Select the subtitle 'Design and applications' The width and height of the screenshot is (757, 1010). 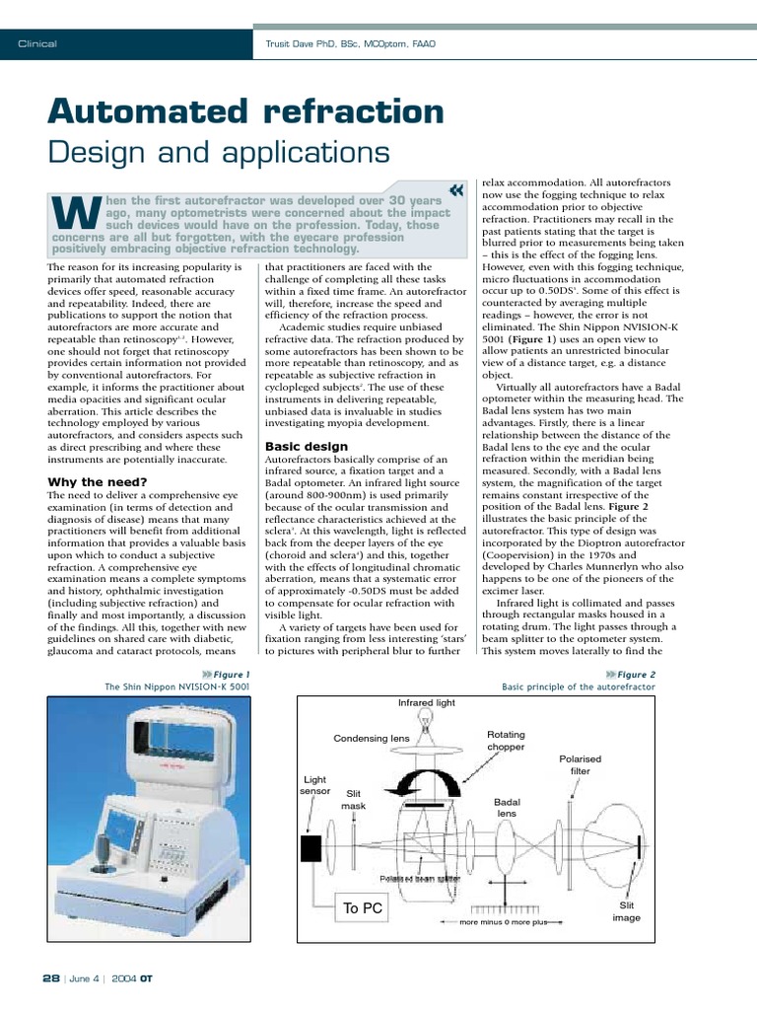(x=219, y=153)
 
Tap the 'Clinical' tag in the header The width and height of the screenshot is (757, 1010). (x=38, y=43)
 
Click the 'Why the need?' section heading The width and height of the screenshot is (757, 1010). (x=98, y=481)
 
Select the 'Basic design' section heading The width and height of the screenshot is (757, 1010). (x=306, y=446)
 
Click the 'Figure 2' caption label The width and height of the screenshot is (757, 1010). (x=635, y=675)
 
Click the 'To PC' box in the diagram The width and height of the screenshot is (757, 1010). (x=363, y=908)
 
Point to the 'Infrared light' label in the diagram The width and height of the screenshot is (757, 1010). (x=428, y=703)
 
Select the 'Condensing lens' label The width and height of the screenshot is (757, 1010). (x=371, y=738)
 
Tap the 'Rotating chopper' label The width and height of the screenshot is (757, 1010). (x=507, y=741)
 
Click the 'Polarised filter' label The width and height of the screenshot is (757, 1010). (x=580, y=764)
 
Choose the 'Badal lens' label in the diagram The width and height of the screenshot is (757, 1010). (x=507, y=808)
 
